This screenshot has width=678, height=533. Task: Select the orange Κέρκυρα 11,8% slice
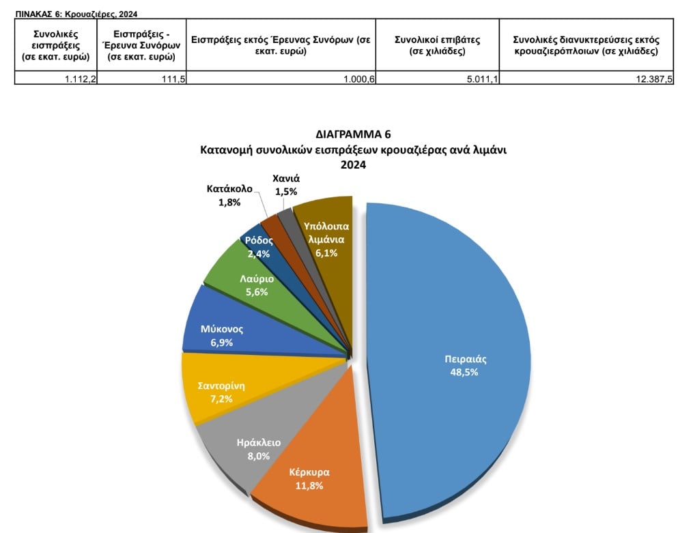click(x=307, y=478)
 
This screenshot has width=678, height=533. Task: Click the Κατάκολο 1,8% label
click(x=229, y=195)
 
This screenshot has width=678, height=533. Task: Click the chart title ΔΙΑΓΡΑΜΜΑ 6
click(x=353, y=134)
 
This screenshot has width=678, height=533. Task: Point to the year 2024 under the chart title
click(x=353, y=164)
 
